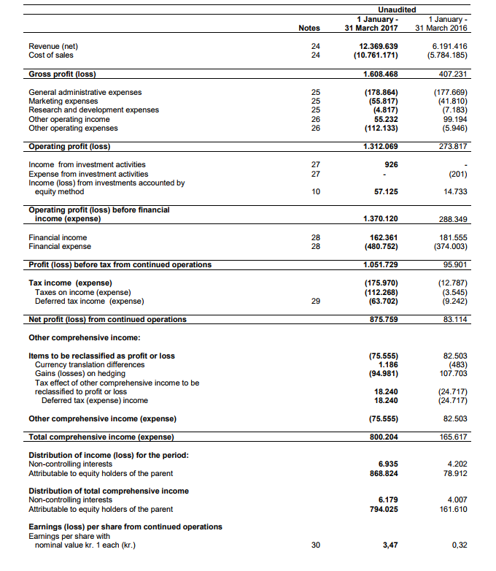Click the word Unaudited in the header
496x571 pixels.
pos(398,9)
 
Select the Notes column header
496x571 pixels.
pos(309,28)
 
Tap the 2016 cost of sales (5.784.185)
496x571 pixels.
pos(446,55)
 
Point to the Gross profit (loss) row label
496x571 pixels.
pos(62,74)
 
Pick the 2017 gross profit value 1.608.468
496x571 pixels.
pos(380,74)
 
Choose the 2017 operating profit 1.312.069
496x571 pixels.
pos(380,146)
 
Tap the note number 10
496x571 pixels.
pos(315,191)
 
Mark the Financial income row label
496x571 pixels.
pos(58,237)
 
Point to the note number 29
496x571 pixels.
pos(315,301)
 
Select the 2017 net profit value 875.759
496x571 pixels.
pos(382,319)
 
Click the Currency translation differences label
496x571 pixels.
pos(90,364)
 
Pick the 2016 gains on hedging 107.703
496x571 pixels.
pos(454,373)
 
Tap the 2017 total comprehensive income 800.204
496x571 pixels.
pos(382,437)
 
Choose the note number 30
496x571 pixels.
pos(315,545)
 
